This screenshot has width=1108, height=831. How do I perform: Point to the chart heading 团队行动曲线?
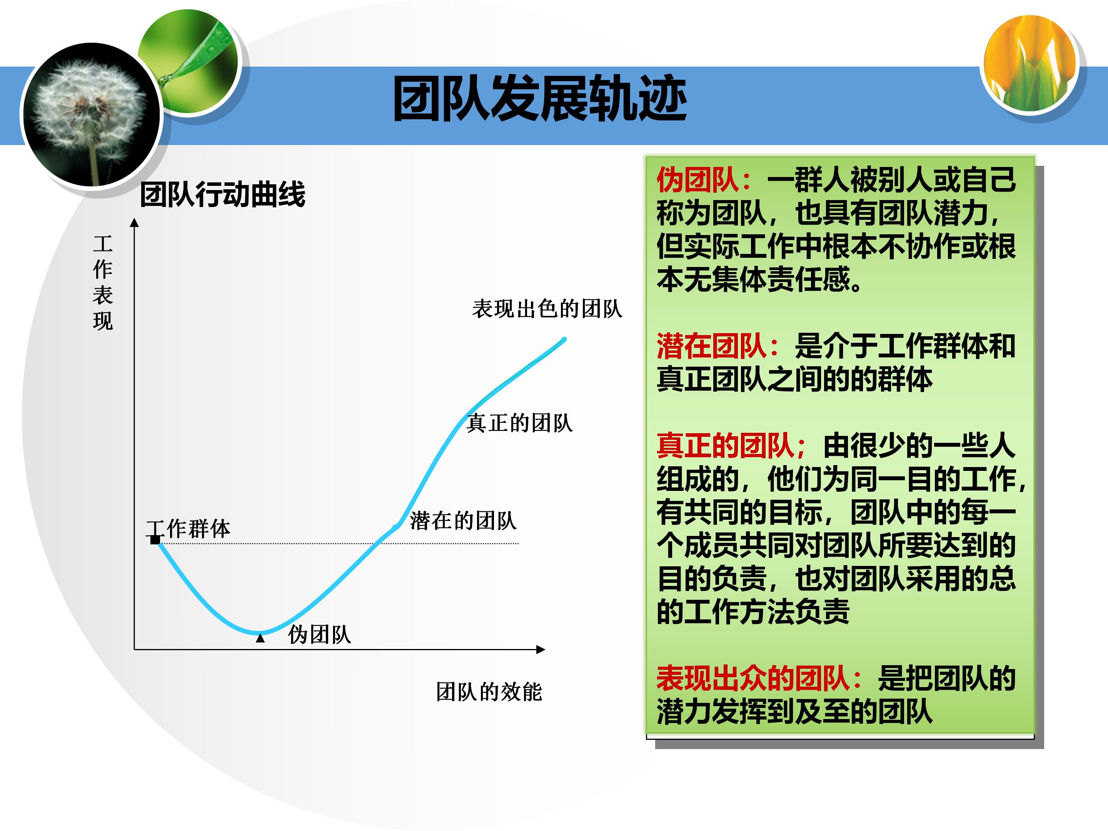pyautogui.click(x=222, y=194)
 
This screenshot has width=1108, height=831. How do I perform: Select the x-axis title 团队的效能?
pyautogui.click(x=489, y=692)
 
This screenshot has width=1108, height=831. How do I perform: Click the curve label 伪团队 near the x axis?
pyautogui.click(x=320, y=635)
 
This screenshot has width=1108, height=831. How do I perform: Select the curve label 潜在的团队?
pyautogui.click(x=463, y=521)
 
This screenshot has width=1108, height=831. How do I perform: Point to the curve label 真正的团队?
pyautogui.click(x=519, y=423)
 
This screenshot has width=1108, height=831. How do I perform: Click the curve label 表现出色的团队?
pyautogui.click(x=547, y=309)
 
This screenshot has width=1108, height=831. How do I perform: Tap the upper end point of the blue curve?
pyautogui.click(x=564, y=340)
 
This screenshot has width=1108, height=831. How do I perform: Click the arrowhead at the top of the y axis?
pyautogui.click(x=134, y=222)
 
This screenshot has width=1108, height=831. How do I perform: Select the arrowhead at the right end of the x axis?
pyautogui.click(x=541, y=650)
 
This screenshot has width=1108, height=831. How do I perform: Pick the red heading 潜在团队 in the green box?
pyautogui.click(x=711, y=346)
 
